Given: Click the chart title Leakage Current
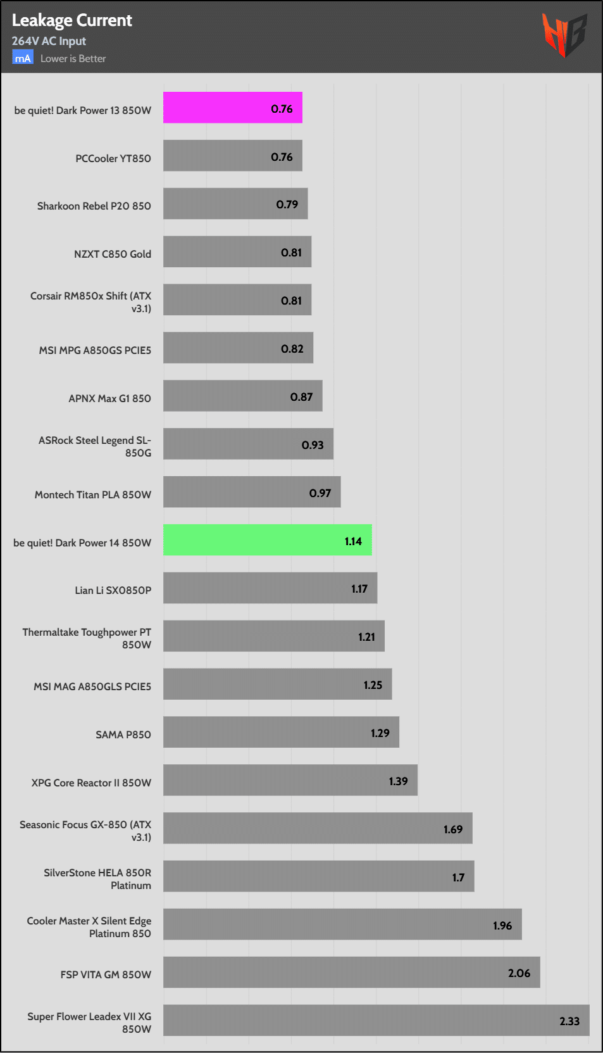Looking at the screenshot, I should click(x=71, y=20).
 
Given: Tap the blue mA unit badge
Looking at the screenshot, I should click(x=23, y=58).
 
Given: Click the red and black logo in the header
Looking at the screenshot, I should click(x=564, y=34).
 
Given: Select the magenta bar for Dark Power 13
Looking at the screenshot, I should click(x=232, y=108).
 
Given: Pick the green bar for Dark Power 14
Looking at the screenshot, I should click(x=267, y=540).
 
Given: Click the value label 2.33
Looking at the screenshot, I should click(x=569, y=1021).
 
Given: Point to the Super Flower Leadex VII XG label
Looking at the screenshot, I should click(x=89, y=1023).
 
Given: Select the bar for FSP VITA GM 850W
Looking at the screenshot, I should click(x=351, y=973).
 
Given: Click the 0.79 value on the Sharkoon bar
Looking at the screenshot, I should click(x=287, y=205).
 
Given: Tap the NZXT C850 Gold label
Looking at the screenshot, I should click(x=113, y=254).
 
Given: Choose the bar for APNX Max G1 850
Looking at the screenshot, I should click(x=242, y=396).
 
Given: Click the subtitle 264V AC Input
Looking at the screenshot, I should click(x=49, y=41).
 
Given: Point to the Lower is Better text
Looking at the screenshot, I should click(x=73, y=59).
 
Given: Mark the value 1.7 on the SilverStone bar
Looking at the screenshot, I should click(x=458, y=878).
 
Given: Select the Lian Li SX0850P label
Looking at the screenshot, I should click(x=113, y=590).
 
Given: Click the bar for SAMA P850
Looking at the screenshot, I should click(x=281, y=732).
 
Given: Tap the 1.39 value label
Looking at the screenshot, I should click(x=398, y=781).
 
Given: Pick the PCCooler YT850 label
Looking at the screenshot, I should click(x=113, y=158).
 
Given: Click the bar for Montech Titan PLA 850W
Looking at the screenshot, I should click(x=252, y=492).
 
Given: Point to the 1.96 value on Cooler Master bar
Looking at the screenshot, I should click(x=502, y=926).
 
